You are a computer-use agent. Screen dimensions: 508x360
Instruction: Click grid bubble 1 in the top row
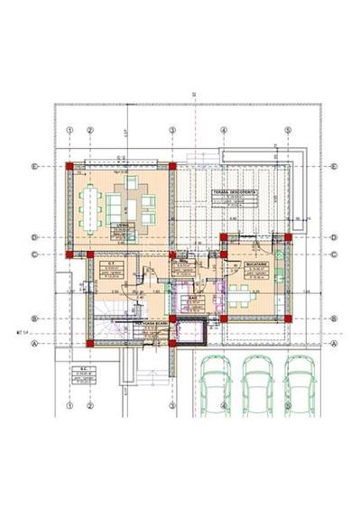click(x=69, y=129)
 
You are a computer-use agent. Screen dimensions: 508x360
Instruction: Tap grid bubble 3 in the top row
click(x=172, y=129)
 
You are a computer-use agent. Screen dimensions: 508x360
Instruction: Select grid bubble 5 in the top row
click(x=288, y=129)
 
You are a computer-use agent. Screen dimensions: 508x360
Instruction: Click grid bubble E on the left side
click(x=34, y=166)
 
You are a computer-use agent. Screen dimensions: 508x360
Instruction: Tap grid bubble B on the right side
click(x=334, y=319)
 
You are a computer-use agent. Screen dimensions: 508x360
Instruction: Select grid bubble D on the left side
click(x=34, y=237)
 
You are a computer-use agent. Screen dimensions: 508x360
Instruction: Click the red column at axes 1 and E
click(x=69, y=166)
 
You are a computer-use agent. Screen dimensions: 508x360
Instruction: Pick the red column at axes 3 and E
click(x=172, y=166)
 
